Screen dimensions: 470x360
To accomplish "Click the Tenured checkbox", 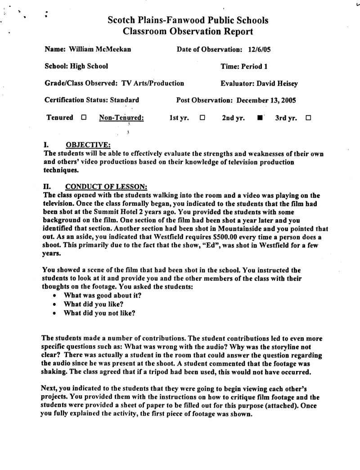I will pos(84,118).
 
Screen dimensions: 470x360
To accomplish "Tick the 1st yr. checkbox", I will pos(202,118).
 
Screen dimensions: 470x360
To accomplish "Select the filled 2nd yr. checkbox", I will pos(260,118).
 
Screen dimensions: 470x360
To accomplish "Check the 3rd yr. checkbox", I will pos(308,118).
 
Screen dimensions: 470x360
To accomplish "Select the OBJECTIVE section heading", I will pos(88,145).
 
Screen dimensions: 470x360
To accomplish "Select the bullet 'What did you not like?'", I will pos(100,313).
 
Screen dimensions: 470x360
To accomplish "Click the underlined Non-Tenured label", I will pos(121,118).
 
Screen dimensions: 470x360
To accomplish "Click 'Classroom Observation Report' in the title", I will pos(188,32).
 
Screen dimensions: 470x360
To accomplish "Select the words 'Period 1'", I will pos(255,66).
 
